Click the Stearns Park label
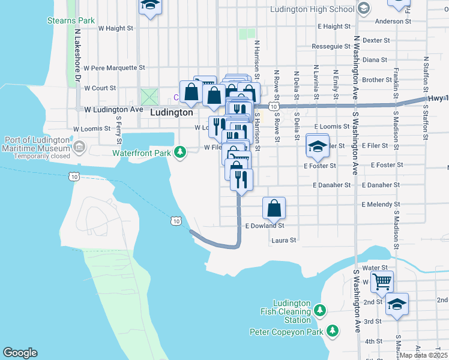(71, 20)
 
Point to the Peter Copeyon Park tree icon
(332, 331)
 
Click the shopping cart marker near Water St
(382, 281)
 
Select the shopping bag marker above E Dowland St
(274, 208)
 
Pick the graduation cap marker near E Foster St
(317, 146)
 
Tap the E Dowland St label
(265, 226)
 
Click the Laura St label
(284, 241)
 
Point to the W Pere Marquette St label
(115, 68)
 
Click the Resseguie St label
(331, 46)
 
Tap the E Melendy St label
(381, 205)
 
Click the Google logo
(20, 353)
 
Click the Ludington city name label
(172, 112)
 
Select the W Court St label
(100, 88)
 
